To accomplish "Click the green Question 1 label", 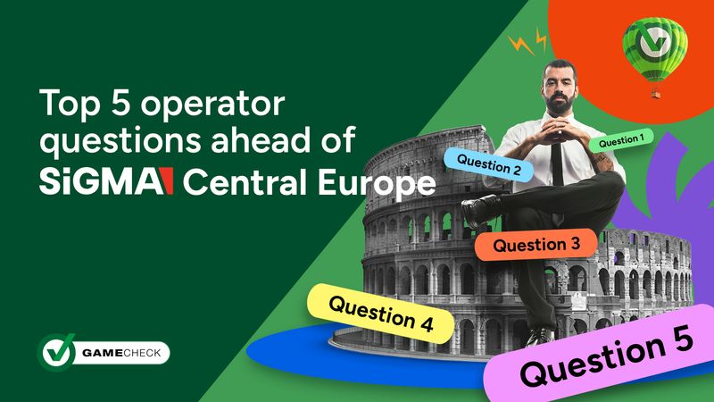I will (620, 141).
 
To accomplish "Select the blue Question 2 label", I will (489, 164).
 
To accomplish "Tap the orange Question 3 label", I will (530, 244).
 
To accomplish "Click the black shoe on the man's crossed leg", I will (482, 211).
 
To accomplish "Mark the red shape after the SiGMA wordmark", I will (166, 182).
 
